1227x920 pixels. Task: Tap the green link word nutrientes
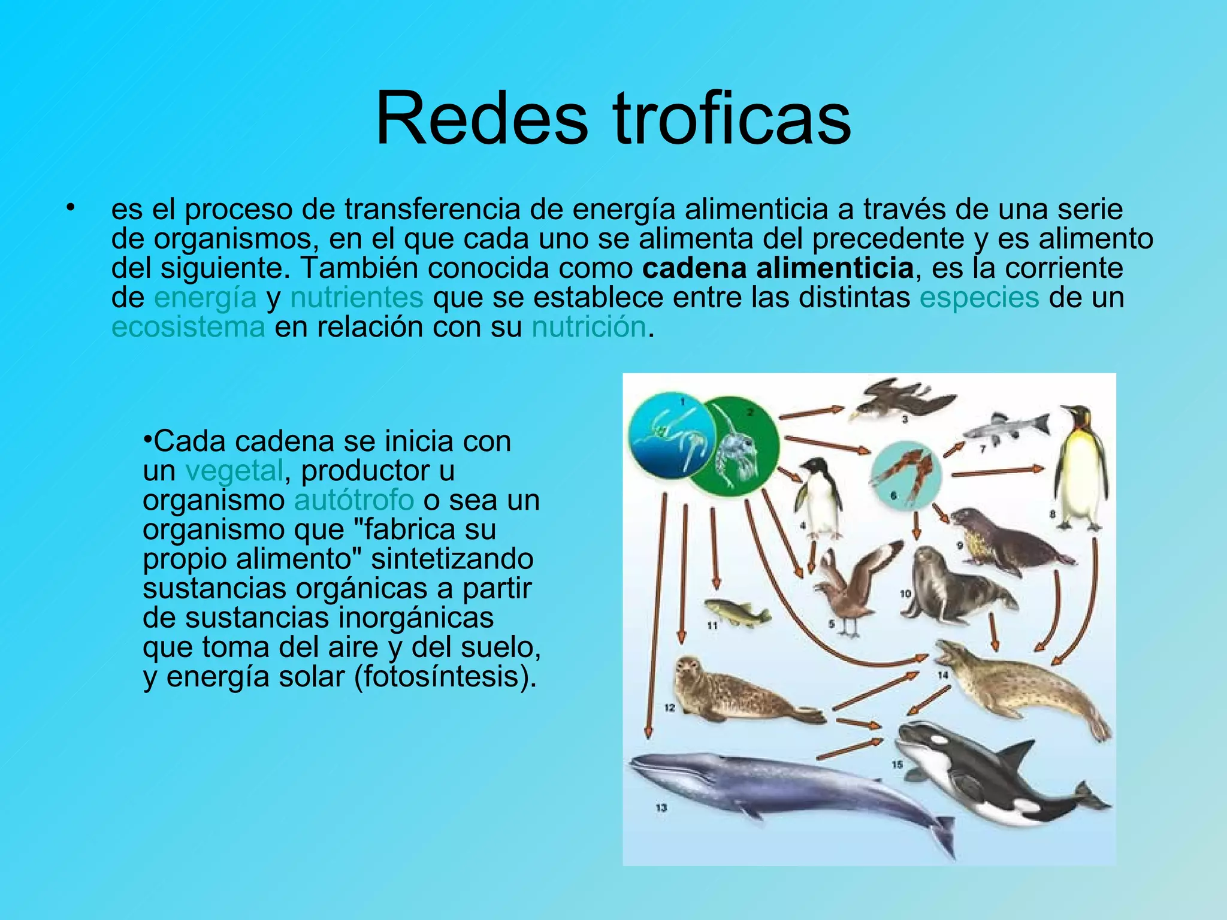click(357, 298)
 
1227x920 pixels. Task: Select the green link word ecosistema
click(188, 327)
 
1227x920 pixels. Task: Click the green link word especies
click(979, 298)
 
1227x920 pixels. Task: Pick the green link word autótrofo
click(354, 500)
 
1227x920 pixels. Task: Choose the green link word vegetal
click(234, 470)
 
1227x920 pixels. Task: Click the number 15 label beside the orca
click(897, 764)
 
